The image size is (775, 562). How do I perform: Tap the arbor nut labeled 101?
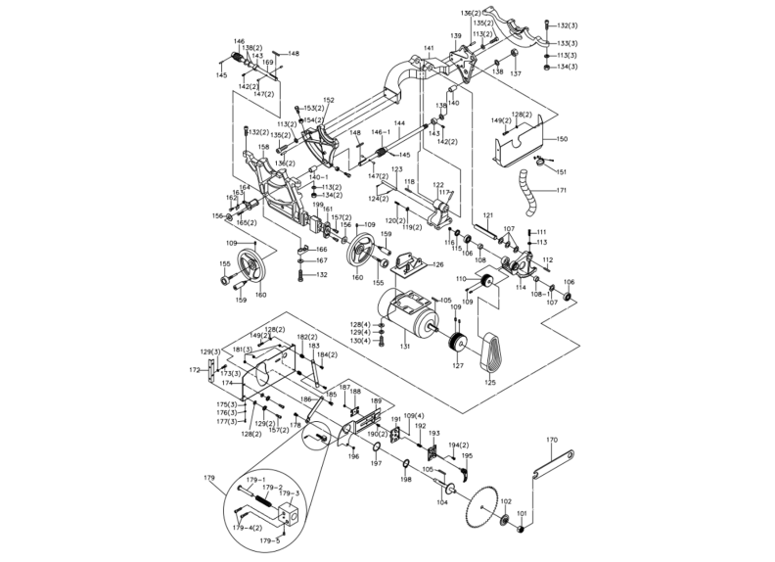[521, 530]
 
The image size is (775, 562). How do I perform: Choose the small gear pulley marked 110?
[480, 285]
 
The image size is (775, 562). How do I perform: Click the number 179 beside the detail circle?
[208, 477]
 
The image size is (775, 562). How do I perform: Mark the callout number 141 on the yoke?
[428, 48]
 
